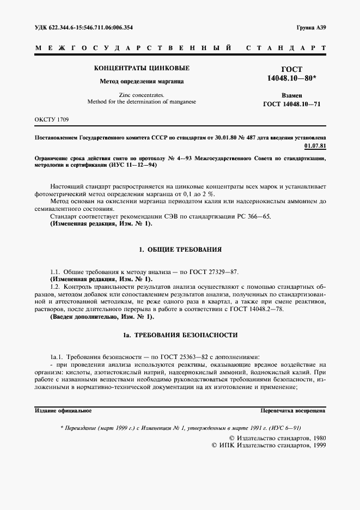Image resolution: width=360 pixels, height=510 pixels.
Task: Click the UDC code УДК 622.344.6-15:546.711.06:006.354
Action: click(x=83, y=27)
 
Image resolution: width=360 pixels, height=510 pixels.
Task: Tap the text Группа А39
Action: click(x=311, y=27)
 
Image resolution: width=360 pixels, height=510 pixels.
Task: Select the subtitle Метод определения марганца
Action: click(x=142, y=82)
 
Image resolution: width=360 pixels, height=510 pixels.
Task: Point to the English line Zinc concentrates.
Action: click(x=142, y=95)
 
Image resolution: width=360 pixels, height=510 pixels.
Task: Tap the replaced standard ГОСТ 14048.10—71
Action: click(x=291, y=103)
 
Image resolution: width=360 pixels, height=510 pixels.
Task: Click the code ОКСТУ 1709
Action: click(x=52, y=119)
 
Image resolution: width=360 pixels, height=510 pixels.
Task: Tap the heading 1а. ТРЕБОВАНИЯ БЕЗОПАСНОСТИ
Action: click(x=180, y=334)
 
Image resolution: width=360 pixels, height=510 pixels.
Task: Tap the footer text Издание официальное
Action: click(x=63, y=410)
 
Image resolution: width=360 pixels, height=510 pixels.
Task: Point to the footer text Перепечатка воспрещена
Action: click(x=292, y=410)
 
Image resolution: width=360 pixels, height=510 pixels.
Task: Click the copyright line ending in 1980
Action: click(x=277, y=438)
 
